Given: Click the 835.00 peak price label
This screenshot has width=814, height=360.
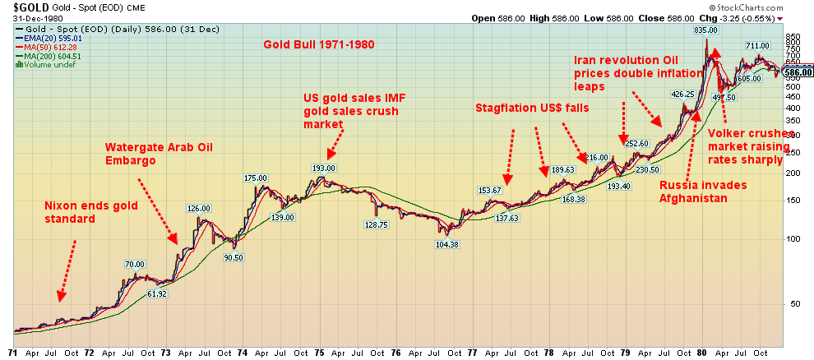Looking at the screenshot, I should [x=706, y=30].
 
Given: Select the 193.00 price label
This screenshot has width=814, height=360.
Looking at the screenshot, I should [x=325, y=168].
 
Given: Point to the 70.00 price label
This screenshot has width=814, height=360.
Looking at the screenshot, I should [x=135, y=265].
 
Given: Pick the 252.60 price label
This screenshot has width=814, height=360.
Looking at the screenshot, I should [x=637, y=144].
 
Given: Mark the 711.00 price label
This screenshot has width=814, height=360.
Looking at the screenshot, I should [x=757, y=46].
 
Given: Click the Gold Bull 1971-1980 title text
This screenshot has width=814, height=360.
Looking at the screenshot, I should [x=319, y=44].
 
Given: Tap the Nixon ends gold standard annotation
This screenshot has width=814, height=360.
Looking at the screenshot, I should [x=74, y=211].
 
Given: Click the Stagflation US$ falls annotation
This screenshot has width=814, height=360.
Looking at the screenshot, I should [x=532, y=108].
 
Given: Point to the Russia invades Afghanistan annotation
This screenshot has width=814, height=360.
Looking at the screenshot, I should [x=703, y=192].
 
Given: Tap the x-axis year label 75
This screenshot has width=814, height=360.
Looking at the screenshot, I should [x=319, y=353].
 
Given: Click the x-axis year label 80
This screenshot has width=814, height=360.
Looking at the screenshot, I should [x=702, y=353].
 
